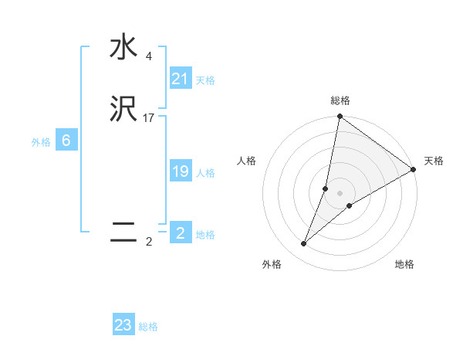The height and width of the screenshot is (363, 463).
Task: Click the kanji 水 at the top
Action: point(123,48)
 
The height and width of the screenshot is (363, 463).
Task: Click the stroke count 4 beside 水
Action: point(148,56)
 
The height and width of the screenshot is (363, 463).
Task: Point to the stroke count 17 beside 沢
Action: point(149,118)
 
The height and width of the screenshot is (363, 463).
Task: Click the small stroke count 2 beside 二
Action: point(148,242)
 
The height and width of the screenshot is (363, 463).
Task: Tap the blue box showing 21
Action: point(181,78)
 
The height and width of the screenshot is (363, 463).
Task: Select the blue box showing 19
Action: point(181,171)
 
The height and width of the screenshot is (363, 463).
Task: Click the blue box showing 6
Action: point(66,141)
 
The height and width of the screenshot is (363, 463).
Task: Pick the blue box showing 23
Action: point(123,325)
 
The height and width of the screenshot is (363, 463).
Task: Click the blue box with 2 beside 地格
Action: point(181,233)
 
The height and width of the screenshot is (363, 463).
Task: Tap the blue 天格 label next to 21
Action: point(205,80)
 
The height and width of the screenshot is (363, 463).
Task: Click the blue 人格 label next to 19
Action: point(205,173)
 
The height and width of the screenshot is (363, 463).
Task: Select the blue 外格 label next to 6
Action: point(41,142)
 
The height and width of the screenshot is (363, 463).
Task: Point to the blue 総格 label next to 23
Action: point(148,327)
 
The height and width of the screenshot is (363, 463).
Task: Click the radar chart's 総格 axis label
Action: point(340,100)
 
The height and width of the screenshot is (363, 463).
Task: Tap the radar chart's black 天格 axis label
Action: point(434,161)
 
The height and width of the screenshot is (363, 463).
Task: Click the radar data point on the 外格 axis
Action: point(304,244)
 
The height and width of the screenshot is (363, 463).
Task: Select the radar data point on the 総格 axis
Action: point(340,117)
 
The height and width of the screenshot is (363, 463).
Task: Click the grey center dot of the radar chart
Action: point(340,193)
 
